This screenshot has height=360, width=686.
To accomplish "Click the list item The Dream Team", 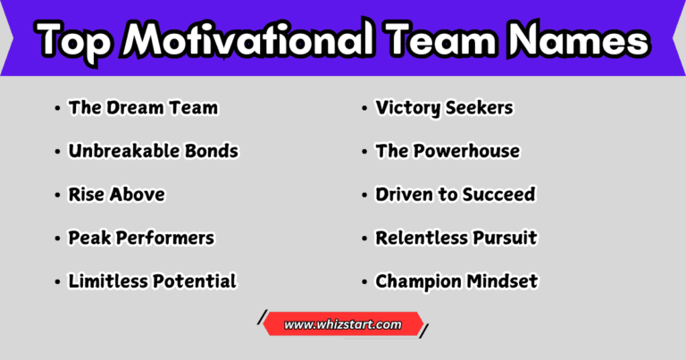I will click(x=143, y=108).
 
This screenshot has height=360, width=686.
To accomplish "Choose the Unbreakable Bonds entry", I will click(x=153, y=151).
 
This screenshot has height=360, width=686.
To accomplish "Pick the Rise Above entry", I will click(x=116, y=195).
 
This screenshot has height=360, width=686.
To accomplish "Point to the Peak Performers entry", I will click(x=141, y=239).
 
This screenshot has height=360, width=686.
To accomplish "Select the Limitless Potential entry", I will click(x=152, y=281).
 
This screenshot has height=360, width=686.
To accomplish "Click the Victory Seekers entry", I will click(x=444, y=108).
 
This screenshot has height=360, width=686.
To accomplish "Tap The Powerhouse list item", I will click(x=448, y=151).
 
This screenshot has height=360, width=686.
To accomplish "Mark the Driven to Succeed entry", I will click(x=456, y=195).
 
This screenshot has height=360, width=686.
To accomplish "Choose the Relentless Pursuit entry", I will click(x=456, y=239).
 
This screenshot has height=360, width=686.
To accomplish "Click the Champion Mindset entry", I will click(x=456, y=281).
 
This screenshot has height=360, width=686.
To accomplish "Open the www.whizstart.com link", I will click(x=343, y=325).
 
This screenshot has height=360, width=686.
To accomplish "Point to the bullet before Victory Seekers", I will click(x=365, y=108).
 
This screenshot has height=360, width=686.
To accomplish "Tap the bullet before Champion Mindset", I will click(x=365, y=282).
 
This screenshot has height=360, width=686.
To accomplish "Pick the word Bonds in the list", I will click(x=213, y=151).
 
